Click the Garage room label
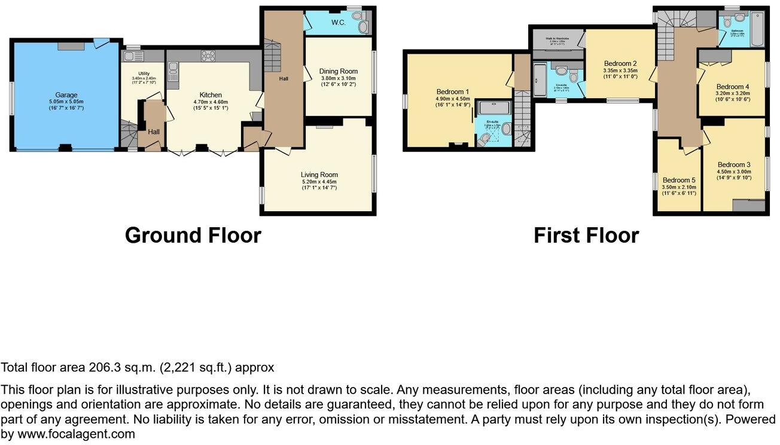point(67,95)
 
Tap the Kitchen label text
point(211,95)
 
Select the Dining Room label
point(339,71)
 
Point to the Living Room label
point(319,175)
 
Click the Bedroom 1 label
point(453,92)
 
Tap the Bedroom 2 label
point(620,63)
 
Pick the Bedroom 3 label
point(734,164)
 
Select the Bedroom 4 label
point(732,87)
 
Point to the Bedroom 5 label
point(680,180)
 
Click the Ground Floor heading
point(193,235)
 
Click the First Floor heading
point(586,235)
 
